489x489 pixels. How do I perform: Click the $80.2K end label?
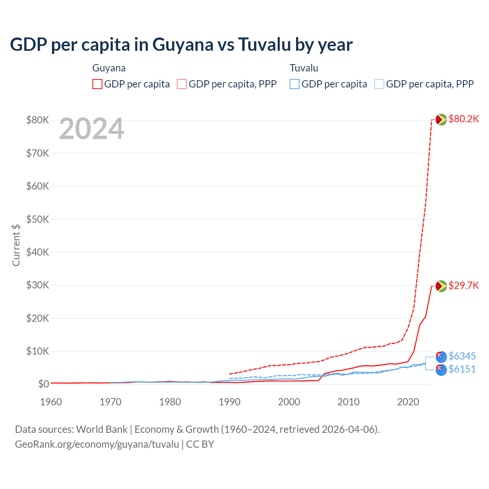(463, 119)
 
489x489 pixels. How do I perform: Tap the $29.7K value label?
(463, 285)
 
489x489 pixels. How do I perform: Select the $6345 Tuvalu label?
(462, 356)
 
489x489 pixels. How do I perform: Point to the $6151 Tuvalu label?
(462, 369)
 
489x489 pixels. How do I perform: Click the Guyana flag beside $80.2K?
(441, 120)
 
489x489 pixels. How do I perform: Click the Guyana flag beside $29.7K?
(441, 286)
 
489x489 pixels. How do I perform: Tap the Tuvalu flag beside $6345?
(441, 357)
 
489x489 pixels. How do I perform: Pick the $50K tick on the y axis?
(37, 219)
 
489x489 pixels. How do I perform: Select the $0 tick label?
(43, 384)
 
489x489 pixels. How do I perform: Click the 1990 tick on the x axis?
(230, 402)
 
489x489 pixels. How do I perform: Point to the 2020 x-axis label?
(408, 402)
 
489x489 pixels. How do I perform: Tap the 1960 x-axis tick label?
(51, 402)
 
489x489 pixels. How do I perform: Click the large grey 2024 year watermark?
(91, 129)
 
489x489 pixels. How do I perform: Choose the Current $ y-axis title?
(16, 245)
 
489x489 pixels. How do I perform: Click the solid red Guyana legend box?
(97, 84)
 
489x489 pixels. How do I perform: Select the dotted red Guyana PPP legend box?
(182, 84)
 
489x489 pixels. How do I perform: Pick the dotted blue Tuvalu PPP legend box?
(379, 84)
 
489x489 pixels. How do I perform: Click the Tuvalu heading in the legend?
(304, 68)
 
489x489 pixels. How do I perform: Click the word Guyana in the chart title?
(183, 45)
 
